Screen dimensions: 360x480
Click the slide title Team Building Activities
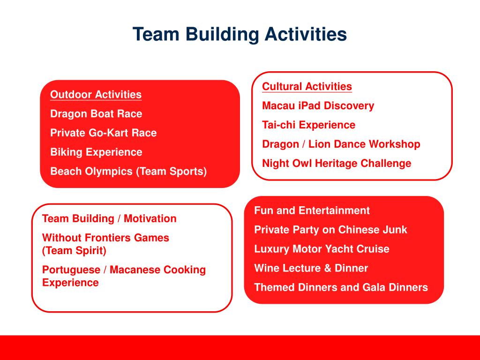(240, 34)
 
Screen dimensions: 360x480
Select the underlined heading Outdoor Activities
(96, 95)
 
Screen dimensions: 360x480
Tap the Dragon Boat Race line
(96, 114)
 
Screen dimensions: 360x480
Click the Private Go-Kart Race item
(103, 133)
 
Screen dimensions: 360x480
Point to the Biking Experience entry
(96, 152)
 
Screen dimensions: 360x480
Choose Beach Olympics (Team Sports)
(128, 172)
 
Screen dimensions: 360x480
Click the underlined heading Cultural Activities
(307, 87)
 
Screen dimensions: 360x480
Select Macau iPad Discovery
(318, 106)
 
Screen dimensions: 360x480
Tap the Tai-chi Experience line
(308, 125)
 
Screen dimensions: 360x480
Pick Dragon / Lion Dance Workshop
(341, 144)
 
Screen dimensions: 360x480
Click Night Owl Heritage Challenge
(337, 164)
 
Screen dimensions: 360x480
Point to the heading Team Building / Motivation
(109, 219)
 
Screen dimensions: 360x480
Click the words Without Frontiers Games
(105, 238)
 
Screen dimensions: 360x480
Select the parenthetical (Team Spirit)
(74, 251)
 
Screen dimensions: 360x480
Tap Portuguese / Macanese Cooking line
(124, 270)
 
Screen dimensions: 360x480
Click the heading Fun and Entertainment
(312, 211)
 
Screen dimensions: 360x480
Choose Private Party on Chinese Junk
(330, 230)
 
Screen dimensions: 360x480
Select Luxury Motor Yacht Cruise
(322, 249)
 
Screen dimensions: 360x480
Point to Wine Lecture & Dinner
(311, 269)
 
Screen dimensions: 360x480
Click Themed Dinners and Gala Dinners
(341, 288)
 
